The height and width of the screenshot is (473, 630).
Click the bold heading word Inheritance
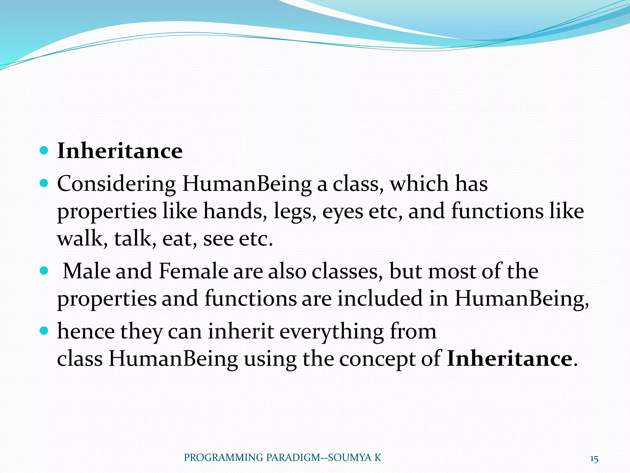120,151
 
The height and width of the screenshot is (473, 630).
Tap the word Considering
116,184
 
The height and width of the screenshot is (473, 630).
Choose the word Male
86,271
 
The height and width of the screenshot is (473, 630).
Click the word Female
193,271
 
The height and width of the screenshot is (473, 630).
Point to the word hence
86,332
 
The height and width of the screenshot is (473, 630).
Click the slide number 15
594,459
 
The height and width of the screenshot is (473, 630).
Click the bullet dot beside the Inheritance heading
44,151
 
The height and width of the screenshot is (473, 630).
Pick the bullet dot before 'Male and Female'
44,271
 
